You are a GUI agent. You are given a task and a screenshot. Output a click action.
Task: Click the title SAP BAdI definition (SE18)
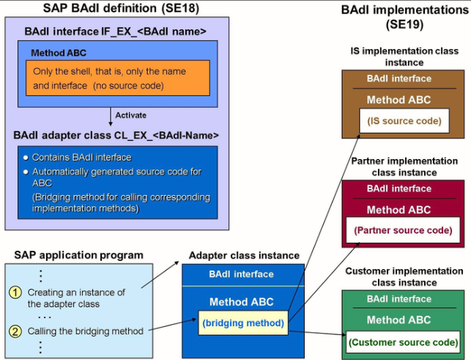(120, 9)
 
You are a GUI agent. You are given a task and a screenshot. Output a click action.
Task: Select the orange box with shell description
(118, 78)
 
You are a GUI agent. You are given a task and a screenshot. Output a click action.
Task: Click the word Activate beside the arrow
(131, 115)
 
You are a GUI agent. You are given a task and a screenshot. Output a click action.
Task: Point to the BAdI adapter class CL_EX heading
(116, 135)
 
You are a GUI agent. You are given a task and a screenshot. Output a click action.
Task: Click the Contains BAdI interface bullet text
(81, 158)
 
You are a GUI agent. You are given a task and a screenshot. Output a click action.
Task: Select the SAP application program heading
(78, 255)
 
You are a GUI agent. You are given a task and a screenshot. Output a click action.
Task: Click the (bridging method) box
(243, 323)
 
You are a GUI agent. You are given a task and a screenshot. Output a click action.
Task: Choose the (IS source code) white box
(403, 120)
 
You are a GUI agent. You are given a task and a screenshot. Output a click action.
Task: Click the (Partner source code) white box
(403, 230)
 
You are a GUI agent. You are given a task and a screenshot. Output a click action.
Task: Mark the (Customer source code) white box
(403, 342)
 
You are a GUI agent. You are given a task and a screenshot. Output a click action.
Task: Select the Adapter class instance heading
(244, 255)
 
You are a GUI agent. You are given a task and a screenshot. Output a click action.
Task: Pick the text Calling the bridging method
(86, 331)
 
